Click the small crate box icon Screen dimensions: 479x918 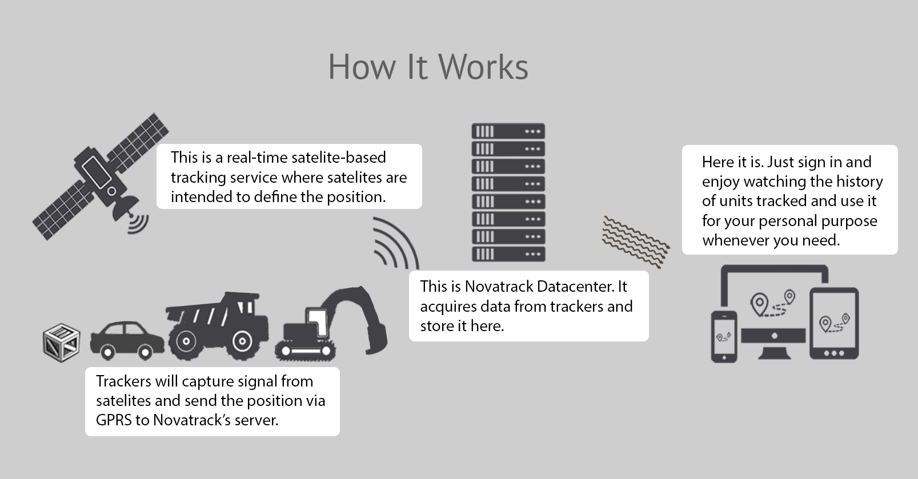coord(61,343)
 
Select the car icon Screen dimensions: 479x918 coord(127,339)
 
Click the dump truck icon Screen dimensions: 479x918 coord(217,327)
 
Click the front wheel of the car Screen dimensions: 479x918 coord(144,352)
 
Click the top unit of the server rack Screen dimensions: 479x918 coord(508,131)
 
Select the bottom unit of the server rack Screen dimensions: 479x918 coord(508,254)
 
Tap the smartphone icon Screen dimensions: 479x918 coord(724,336)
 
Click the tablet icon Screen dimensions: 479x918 coord(834,323)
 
